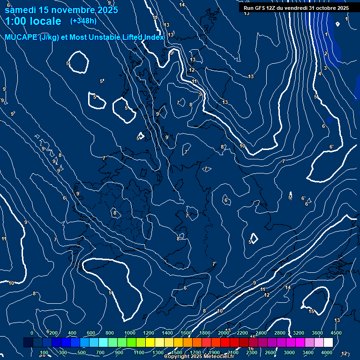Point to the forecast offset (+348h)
(83, 21)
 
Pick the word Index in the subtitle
(154, 37)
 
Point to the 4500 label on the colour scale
(336, 333)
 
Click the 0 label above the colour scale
(32, 333)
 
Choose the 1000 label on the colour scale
(130, 333)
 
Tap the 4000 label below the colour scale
(327, 352)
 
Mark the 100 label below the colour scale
(44, 352)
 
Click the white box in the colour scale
(328, 343)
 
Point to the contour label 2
(326, 53)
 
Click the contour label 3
(325, 68)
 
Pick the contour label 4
(320, 74)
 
